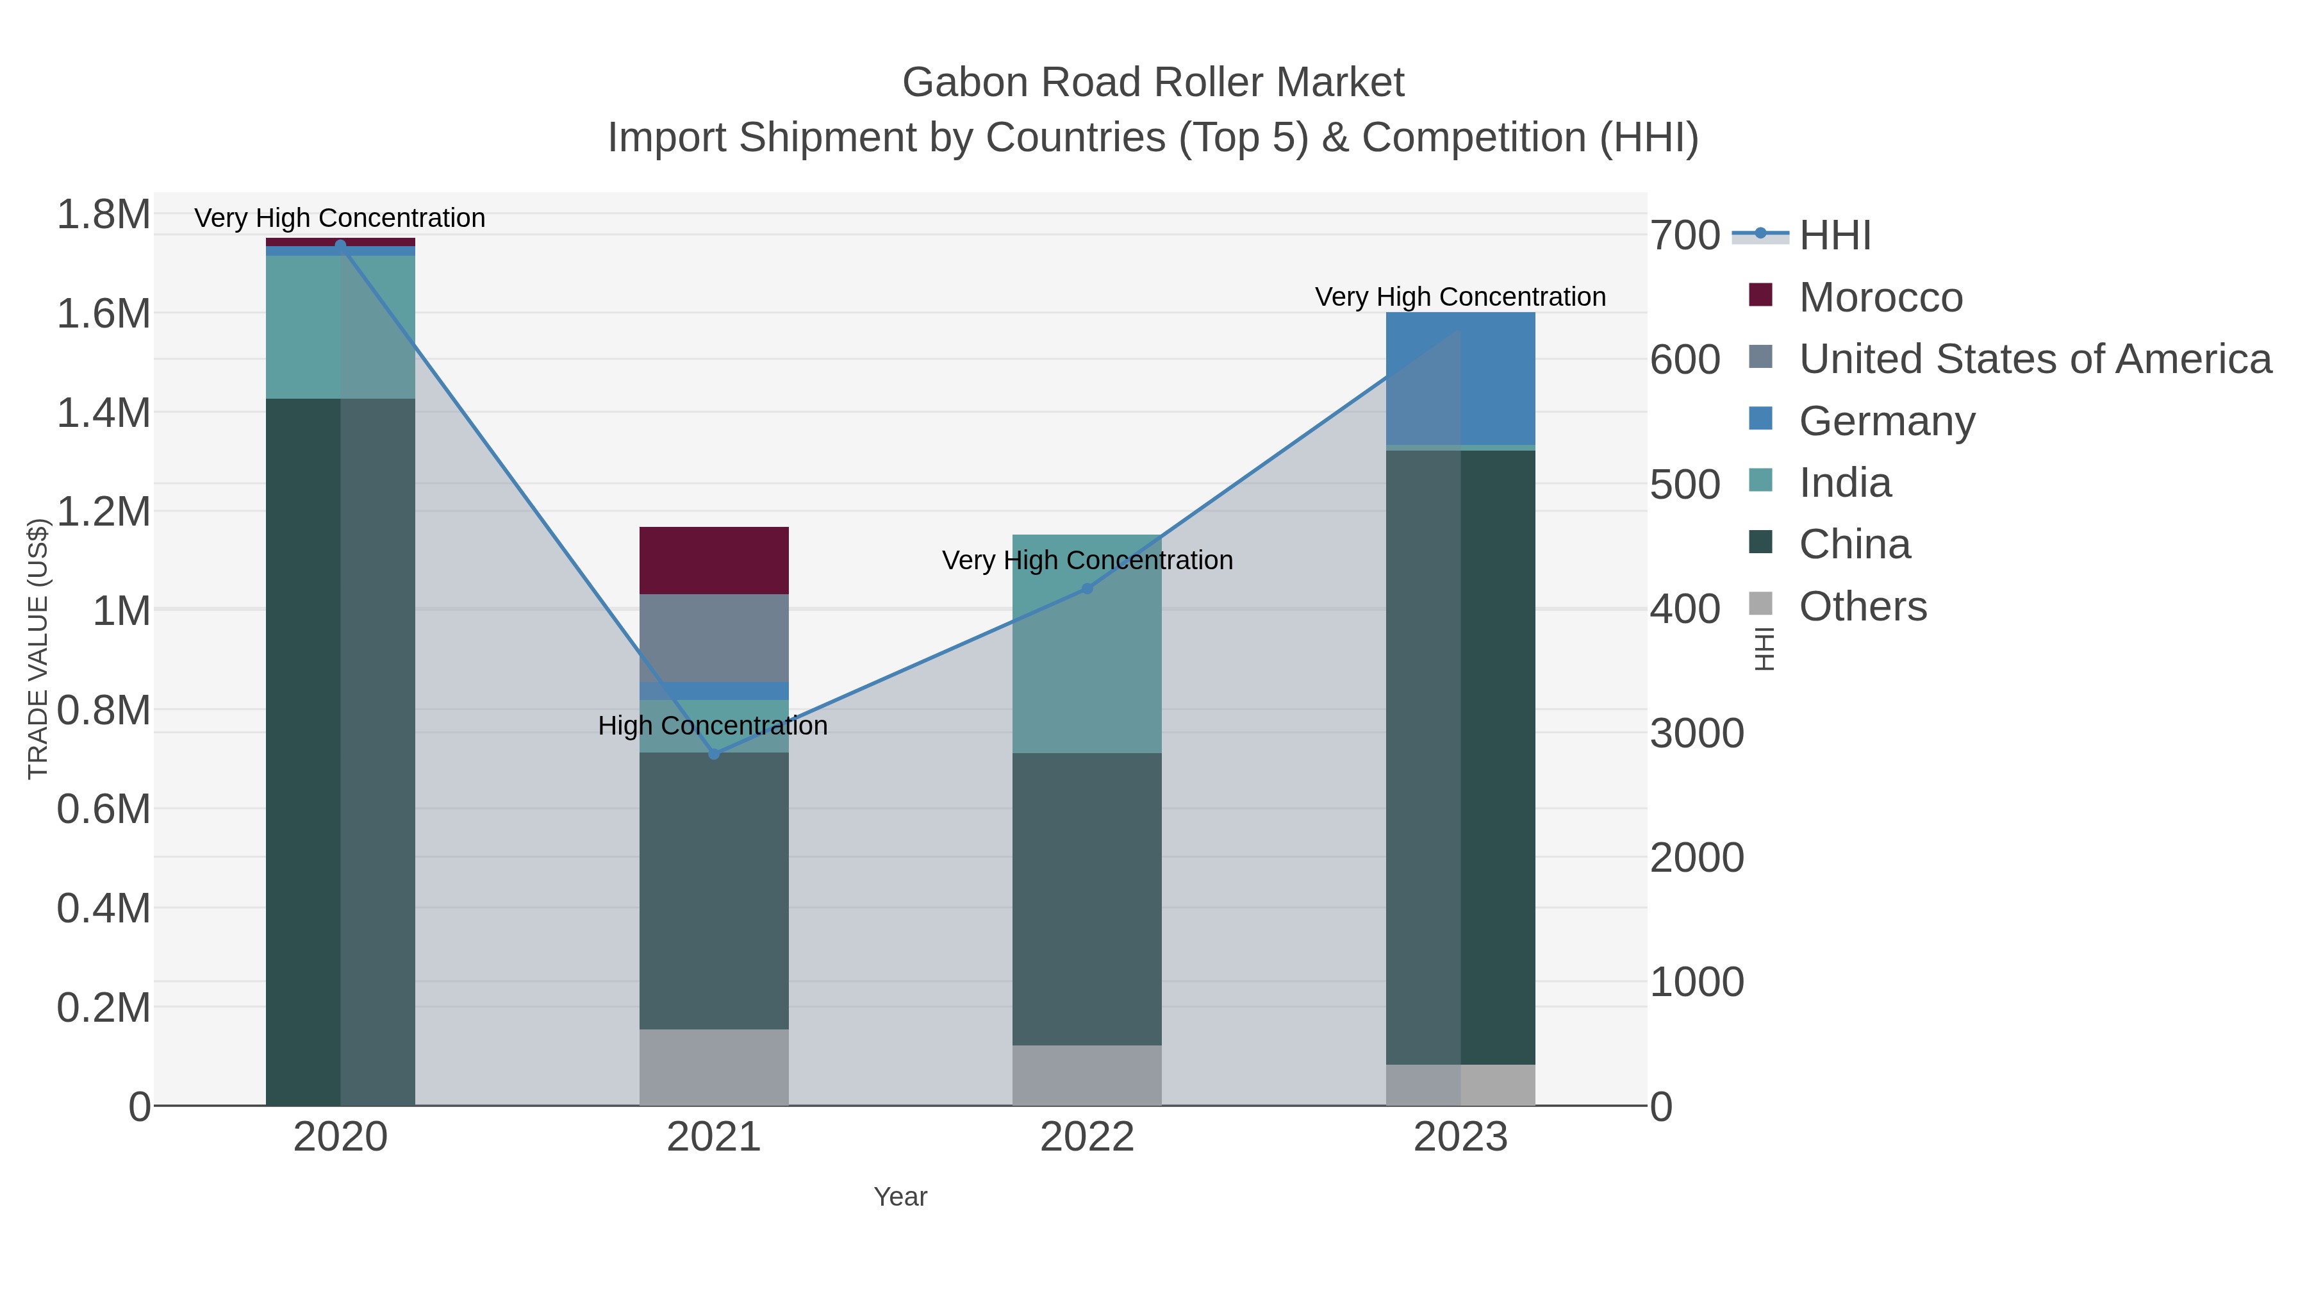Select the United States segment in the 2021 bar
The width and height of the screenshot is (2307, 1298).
pyautogui.click(x=714, y=637)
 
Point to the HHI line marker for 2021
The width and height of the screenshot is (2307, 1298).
pyautogui.click(x=714, y=754)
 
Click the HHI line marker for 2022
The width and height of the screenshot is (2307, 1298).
pyautogui.click(x=1087, y=588)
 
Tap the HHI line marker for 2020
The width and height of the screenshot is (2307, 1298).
pyautogui.click(x=340, y=245)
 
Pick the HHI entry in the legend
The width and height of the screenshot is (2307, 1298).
pyautogui.click(x=1834, y=236)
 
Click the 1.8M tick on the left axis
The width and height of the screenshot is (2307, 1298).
pyautogui.click(x=104, y=215)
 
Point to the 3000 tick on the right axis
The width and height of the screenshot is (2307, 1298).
pyautogui.click(x=1696, y=734)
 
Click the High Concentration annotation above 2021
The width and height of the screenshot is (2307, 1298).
pyautogui.click(x=713, y=726)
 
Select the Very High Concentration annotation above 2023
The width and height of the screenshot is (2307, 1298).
pyautogui.click(x=1460, y=297)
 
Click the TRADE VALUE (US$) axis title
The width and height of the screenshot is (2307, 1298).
pyautogui.click(x=38, y=649)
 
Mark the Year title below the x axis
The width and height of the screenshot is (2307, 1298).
pyautogui.click(x=900, y=1197)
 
